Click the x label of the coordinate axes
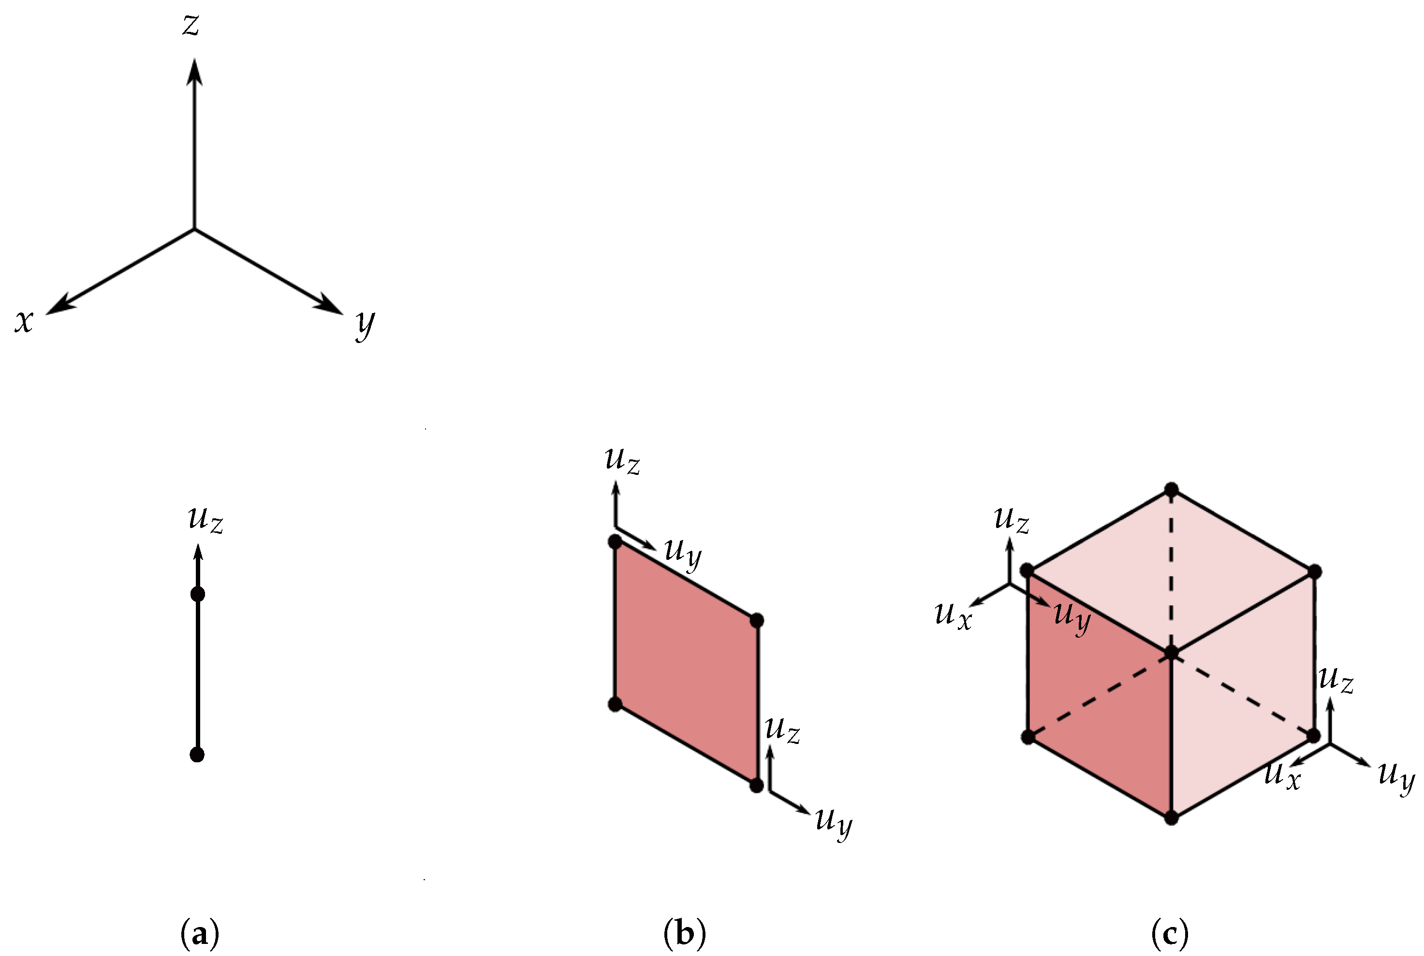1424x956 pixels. [x=24, y=321]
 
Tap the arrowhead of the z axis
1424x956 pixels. [x=195, y=71]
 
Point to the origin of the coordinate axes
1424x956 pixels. [x=195, y=229]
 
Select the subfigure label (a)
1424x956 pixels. [x=200, y=933]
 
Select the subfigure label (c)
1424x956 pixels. [x=1169, y=933]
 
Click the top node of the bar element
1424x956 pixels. [x=198, y=594]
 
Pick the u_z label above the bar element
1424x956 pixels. [x=206, y=519]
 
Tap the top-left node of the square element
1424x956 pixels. [x=615, y=542]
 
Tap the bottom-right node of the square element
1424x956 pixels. [x=757, y=785]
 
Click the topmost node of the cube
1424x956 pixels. [x=1171, y=489]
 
